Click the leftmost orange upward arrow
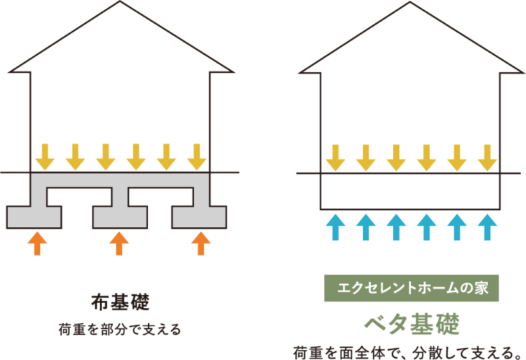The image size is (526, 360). click(37, 242)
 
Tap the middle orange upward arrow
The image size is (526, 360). click(119, 242)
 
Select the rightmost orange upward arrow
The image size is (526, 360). click(201, 242)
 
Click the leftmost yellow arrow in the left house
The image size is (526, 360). click(45, 156)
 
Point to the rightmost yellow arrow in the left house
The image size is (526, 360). click(197, 156)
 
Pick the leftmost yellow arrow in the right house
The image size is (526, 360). click(335, 158)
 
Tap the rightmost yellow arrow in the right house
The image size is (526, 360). click(487, 158)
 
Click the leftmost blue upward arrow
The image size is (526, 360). click(335, 227)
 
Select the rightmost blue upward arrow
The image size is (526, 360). click(487, 227)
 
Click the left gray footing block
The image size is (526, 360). click(34, 216)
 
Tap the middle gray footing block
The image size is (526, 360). click(120, 216)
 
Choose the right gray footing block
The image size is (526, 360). click(199, 216)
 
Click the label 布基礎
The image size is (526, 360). click(120, 303)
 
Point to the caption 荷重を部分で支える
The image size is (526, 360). click(120, 328)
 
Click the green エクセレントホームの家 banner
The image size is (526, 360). click(412, 288)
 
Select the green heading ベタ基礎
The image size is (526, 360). click(412, 323)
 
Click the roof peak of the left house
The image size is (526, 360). click(120, 3)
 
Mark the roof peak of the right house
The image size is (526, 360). click(410, 3)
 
